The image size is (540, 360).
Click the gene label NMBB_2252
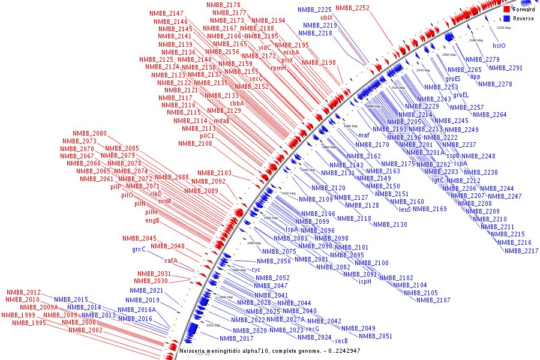pos(352,8)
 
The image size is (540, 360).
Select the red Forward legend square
pos(506,10)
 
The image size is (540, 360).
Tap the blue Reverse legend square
pos(506,18)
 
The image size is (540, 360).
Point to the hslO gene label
pos(499,46)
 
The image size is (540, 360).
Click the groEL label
pos(461,95)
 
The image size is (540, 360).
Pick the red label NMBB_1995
pos(29,323)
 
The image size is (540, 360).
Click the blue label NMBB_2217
pos(521,251)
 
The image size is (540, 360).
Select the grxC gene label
pos(139,250)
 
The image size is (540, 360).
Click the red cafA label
pos(171,260)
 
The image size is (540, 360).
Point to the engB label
pos(152,220)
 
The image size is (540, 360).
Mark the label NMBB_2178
pos(223,5)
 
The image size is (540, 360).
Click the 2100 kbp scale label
pos(503,28)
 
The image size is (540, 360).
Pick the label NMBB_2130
pos(390,224)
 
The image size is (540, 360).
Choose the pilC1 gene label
pos(207,136)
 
